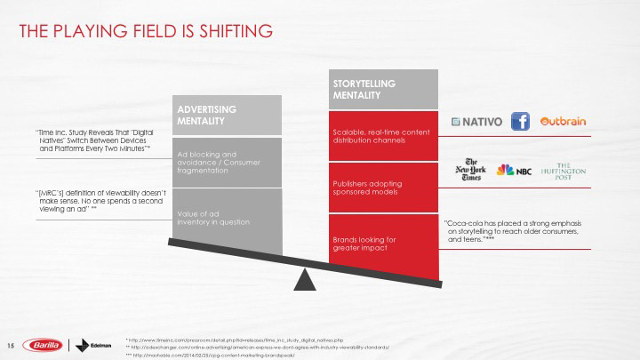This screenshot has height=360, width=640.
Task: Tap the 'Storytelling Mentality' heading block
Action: (385, 89)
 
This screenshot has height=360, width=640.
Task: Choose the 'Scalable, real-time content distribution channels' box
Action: (385, 135)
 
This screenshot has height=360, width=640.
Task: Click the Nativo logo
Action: (476, 122)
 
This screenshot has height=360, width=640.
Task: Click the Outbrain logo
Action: (564, 122)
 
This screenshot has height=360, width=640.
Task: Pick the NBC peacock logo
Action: (513, 170)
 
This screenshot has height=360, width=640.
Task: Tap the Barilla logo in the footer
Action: (44, 345)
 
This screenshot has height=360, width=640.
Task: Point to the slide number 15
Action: (12, 345)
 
